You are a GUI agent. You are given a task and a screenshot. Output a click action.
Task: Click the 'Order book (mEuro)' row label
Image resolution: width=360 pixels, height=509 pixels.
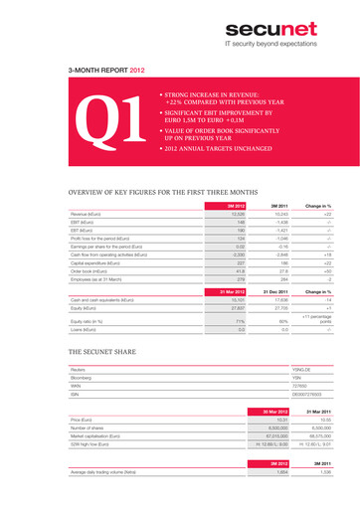(94, 270)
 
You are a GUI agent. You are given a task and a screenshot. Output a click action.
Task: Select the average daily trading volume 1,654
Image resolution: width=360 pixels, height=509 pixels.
(254, 472)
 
